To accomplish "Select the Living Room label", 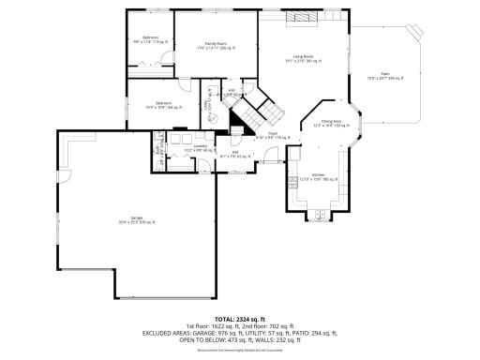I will click(x=302, y=60).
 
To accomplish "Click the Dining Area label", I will click(x=326, y=123).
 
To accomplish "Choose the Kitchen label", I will click(x=318, y=175).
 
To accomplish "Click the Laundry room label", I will click(x=200, y=147).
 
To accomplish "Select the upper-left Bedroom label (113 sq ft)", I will click(x=150, y=38).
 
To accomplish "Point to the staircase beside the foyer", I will click(x=254, y=112).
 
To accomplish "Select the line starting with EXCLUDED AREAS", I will click(x=239, y=333).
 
